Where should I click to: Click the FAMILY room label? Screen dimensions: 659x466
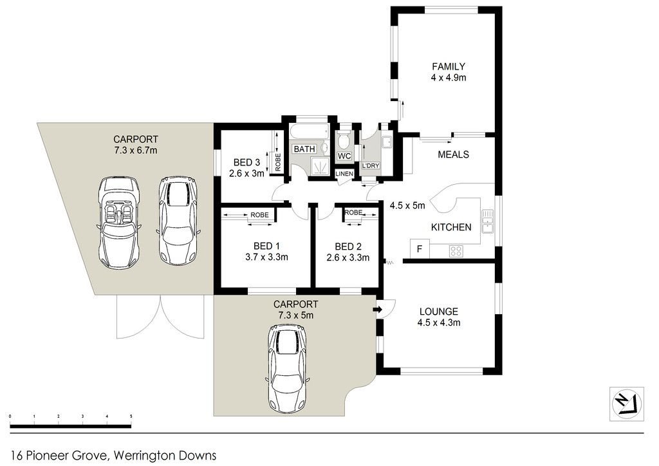pos(449,66)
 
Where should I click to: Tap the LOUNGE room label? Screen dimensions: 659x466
pos(439,312)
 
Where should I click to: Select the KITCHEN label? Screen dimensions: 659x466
pos(451,227)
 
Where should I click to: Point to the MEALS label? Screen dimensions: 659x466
pos(453,154)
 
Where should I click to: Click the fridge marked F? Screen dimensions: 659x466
pos(420,248)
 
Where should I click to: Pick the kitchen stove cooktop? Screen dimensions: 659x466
pos(456,251)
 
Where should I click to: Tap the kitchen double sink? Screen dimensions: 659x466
pos(488,221)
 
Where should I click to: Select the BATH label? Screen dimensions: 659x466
pos(304,149)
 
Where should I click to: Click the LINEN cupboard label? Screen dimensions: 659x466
pos(344,174)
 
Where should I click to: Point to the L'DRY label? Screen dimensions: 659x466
pos(371,165)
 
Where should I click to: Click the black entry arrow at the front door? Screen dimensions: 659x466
pos(377,310)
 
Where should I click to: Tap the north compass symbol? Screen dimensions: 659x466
pos(627,404)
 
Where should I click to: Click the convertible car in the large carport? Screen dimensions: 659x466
pos(118,222)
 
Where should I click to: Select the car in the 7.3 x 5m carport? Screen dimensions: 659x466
pos(288,369)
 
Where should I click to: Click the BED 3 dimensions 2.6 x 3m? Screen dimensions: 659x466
pos(246,172)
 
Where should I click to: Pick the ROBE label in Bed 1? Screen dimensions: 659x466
pos(259,215)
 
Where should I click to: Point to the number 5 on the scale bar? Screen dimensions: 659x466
pos(131,416)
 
